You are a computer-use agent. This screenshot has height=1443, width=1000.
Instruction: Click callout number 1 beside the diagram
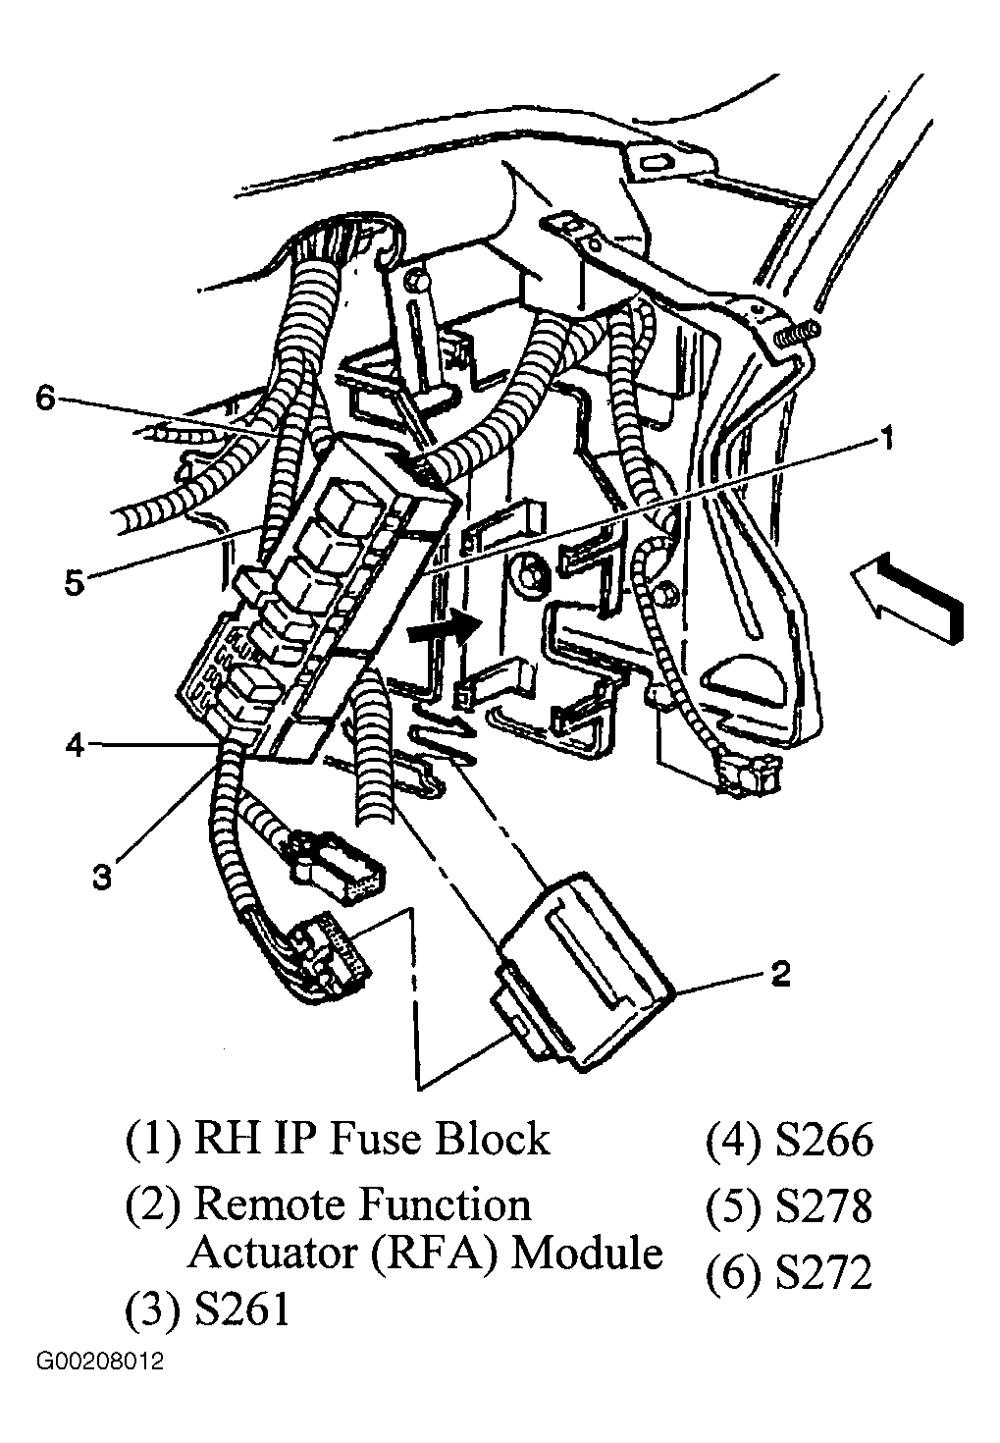[887, 441]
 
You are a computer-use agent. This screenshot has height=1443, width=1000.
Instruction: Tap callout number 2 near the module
[780, 974]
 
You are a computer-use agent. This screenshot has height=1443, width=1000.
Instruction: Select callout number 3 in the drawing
[102, 876]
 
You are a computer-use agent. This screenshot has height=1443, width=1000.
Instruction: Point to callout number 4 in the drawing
[76, 746]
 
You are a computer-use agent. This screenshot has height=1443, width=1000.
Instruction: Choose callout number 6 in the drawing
[46, 399]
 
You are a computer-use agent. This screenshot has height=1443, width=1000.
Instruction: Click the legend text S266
[823, 1141]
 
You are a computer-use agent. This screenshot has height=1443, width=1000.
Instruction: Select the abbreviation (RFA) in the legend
[436, 1255]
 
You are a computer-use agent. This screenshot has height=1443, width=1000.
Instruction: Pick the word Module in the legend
[587, 1255]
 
